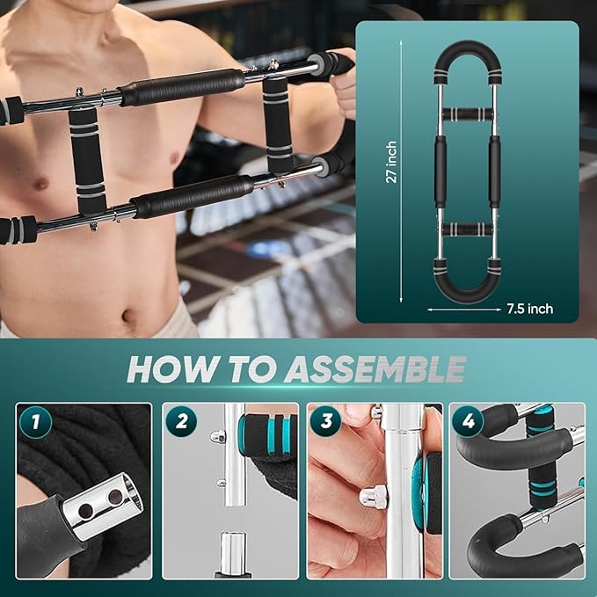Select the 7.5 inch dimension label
click(x=529, y=309)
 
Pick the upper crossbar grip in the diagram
click(x=467, y=114)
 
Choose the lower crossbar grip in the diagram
click(x=467, y=229)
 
